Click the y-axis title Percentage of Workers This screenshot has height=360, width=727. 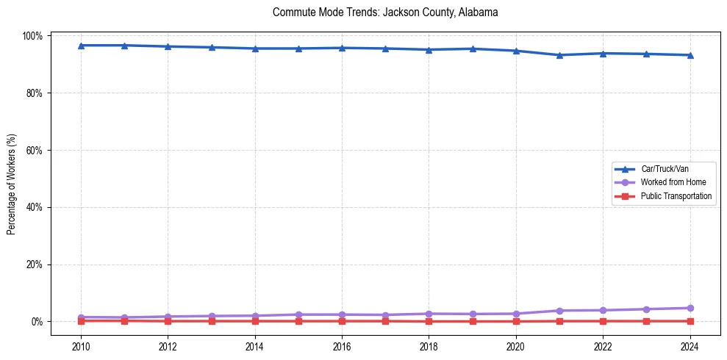[x=12, y=179]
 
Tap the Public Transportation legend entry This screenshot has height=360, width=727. [x=676, y=196]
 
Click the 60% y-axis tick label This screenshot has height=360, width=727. [x=35, y=150]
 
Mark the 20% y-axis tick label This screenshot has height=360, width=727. [x=35, y=264]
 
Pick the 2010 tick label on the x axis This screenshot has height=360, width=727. [x=81, y=345]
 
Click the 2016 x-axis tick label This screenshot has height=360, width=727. [x=342, y=345]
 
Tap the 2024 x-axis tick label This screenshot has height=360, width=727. [x=690, y=345]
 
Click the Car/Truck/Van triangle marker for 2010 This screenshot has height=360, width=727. [x=81, y=46]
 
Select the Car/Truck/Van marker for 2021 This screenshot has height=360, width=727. [x=559, y=55]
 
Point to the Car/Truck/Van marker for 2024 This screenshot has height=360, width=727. [x=690, y=55]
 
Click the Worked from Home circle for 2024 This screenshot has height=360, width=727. [x=690, y=308]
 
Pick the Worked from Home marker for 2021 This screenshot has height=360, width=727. [x=559, y=311]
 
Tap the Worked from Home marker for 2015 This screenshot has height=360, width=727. [x=298, y=314]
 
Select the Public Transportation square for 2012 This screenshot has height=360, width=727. [x=168, y=321]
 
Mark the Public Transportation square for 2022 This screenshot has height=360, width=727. [x=603, y=321]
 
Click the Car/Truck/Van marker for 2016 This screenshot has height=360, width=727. [x=342, y=48]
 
